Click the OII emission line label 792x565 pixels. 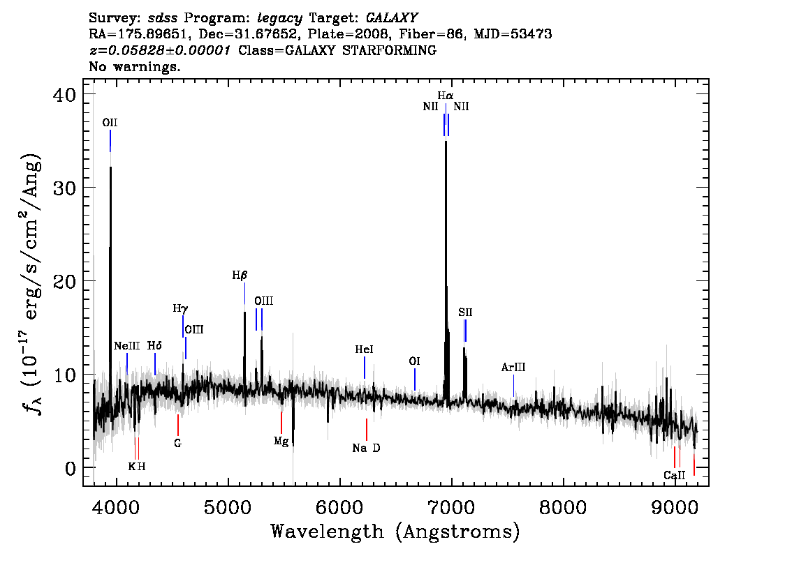(110, 123)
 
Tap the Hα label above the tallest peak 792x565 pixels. (446, 96)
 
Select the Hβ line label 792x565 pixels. (240, 275)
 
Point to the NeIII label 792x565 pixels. (127, 345)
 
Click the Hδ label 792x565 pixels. (154, 345)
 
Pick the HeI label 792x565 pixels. (364, 349)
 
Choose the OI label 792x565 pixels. (414, 361)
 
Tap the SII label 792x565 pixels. (465, 312)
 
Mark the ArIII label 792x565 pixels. (513, 367)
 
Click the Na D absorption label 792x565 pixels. (366, 448)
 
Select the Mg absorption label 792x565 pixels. (281, 442)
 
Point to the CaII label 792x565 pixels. (674, 475)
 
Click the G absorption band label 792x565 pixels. (178, 444)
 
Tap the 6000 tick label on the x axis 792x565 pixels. (340, 507)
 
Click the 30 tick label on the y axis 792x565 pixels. (64, 188)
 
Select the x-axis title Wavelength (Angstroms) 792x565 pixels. (395, 532)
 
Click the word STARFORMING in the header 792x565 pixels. (389, 50)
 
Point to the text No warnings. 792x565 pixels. (134, 66)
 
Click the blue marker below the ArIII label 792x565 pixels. (514, 386)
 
